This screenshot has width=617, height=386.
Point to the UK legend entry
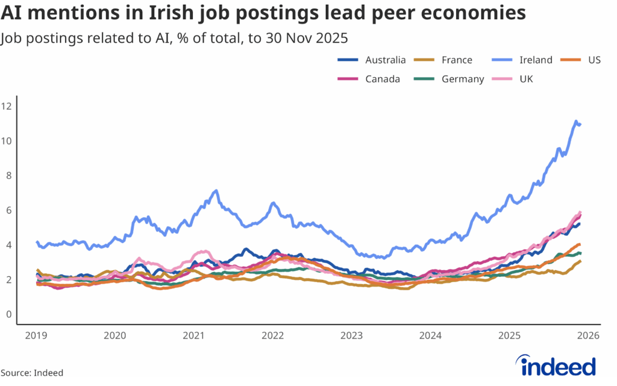pos(522,79)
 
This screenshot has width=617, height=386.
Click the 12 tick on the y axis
pos(7,107)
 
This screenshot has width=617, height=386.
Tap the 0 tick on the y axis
pos(8,314)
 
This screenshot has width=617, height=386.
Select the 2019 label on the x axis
pos(37,335)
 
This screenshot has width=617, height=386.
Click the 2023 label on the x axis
pos(352,335)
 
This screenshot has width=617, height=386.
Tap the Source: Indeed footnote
pos(32,373)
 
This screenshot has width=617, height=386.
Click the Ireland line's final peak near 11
pos(576,121)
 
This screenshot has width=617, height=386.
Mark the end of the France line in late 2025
pos(580,261)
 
